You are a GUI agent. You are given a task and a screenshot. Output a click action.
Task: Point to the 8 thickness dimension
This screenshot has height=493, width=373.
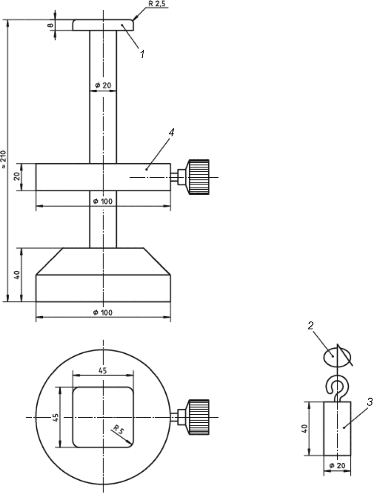(x=49, y=25)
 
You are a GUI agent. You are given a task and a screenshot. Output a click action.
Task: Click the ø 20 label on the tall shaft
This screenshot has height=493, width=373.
(x=103, y=85)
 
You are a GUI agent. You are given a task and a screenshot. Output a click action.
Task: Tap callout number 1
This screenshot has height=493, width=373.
(x=142, y=54)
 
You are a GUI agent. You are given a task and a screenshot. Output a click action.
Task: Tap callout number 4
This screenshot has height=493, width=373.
(x=171, y=132)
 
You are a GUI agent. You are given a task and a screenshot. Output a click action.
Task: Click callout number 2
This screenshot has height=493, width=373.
(x=311, y=326)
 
